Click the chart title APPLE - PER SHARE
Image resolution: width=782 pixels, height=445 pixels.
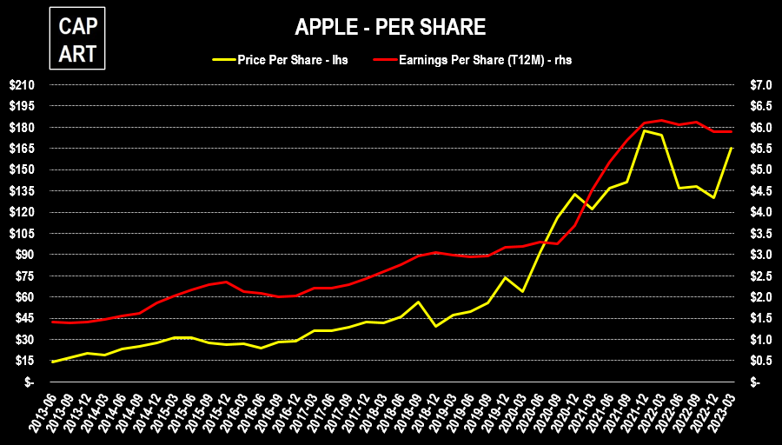(390, 28)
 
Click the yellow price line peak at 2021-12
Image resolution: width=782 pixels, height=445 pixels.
(644, 130)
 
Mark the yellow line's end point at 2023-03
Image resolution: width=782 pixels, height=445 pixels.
(731, 149)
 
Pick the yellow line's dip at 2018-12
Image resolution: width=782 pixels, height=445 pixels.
(435, 326)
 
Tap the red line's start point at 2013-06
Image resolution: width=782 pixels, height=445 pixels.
(52, 322)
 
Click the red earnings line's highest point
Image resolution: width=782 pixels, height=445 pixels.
(661, 120)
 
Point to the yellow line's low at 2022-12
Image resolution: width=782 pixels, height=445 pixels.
(713, 198)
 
